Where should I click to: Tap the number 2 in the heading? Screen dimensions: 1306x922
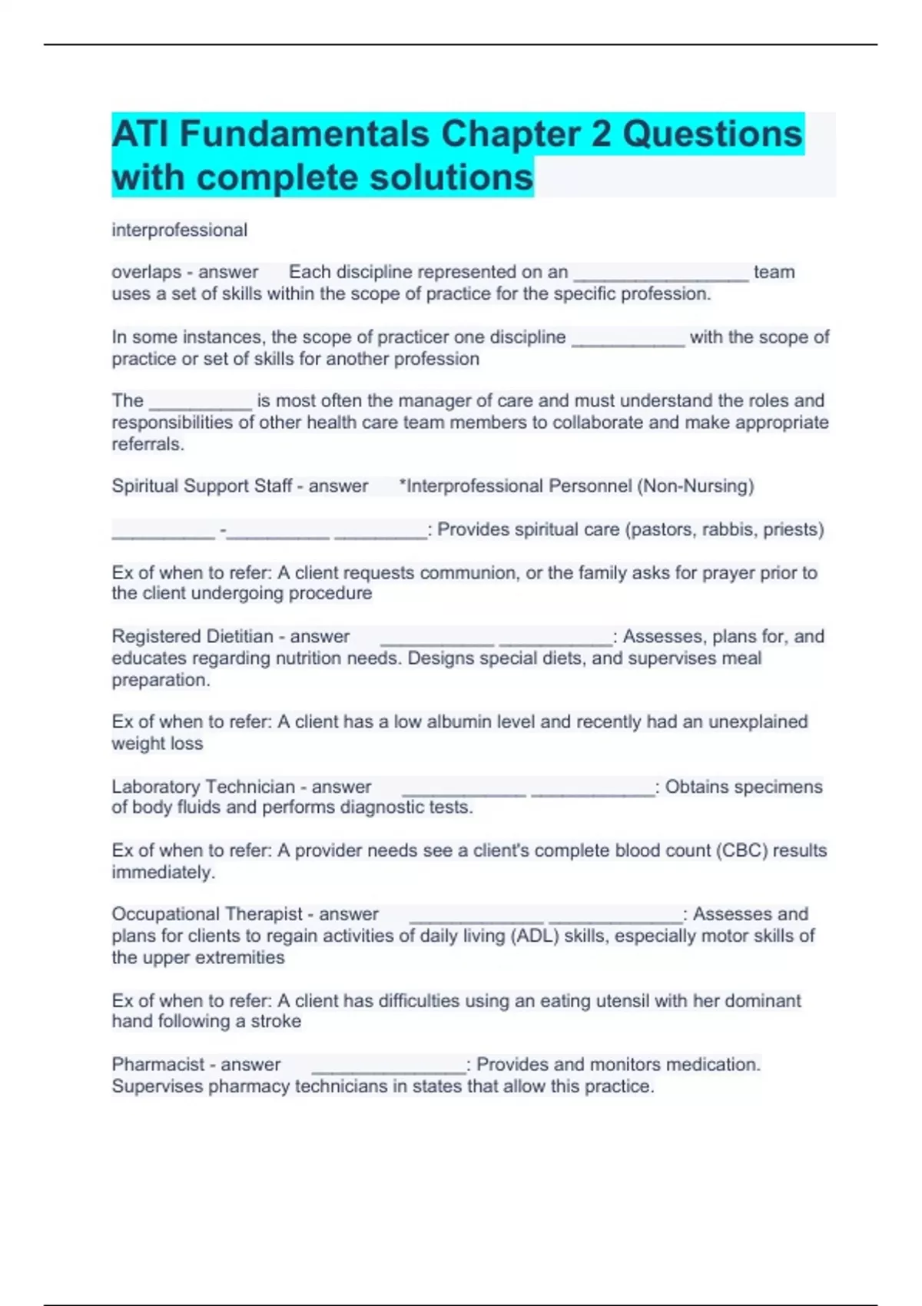coord(600,134)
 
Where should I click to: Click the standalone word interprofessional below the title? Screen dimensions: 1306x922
coord(180,230)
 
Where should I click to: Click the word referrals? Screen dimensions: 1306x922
coord(147,444)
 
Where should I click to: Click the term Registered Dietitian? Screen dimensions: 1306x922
coord(192,636)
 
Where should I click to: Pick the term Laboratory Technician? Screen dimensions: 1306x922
coord(203,787)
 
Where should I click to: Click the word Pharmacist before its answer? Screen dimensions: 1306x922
coord(158,1065)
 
